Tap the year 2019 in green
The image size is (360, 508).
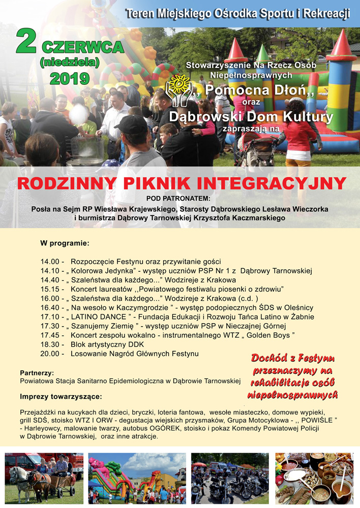coord(70,79)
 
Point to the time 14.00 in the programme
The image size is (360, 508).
coord(50,262)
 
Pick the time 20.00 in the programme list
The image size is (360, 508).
coord(50,353)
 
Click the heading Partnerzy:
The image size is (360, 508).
coord(37,372)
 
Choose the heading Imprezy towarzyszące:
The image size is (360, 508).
coord(61,396)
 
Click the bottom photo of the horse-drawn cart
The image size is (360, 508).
coord(44,478)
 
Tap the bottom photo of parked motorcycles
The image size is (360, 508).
coord(230,478)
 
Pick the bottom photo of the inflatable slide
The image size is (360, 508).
coord(137,478)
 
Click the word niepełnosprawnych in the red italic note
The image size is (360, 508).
coord(293,394)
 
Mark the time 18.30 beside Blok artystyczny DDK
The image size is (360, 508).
coord(50,344)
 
